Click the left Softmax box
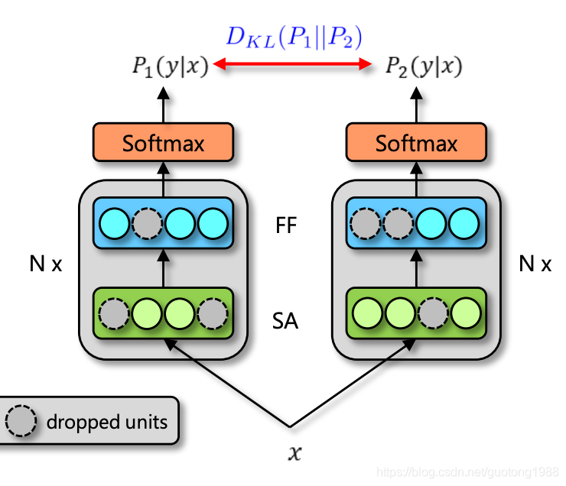tap(163, 142)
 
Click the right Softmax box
tap(416, 142)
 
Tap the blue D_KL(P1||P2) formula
tap(294, 37)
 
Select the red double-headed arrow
tap(292, 64)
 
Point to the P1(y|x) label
tap(171, 66)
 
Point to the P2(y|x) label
tap(424, 66)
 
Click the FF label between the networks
tap(286, 225)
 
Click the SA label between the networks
tap(285, 320)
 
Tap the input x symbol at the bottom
tap(294, 453)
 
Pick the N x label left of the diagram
tap(46, 264)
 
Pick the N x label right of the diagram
tap(535, 264)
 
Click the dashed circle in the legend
tap(21, 421)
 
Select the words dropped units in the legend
tap(107, 422)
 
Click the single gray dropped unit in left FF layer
tap(147, 224)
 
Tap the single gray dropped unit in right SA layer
tap(433, 313)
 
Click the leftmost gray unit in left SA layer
tap(114, 313)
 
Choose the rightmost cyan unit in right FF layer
tap(464, 224)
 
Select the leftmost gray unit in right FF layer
tap(366, 224)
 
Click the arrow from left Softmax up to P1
tap(164, 105)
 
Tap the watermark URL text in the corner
tap(468, 472)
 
